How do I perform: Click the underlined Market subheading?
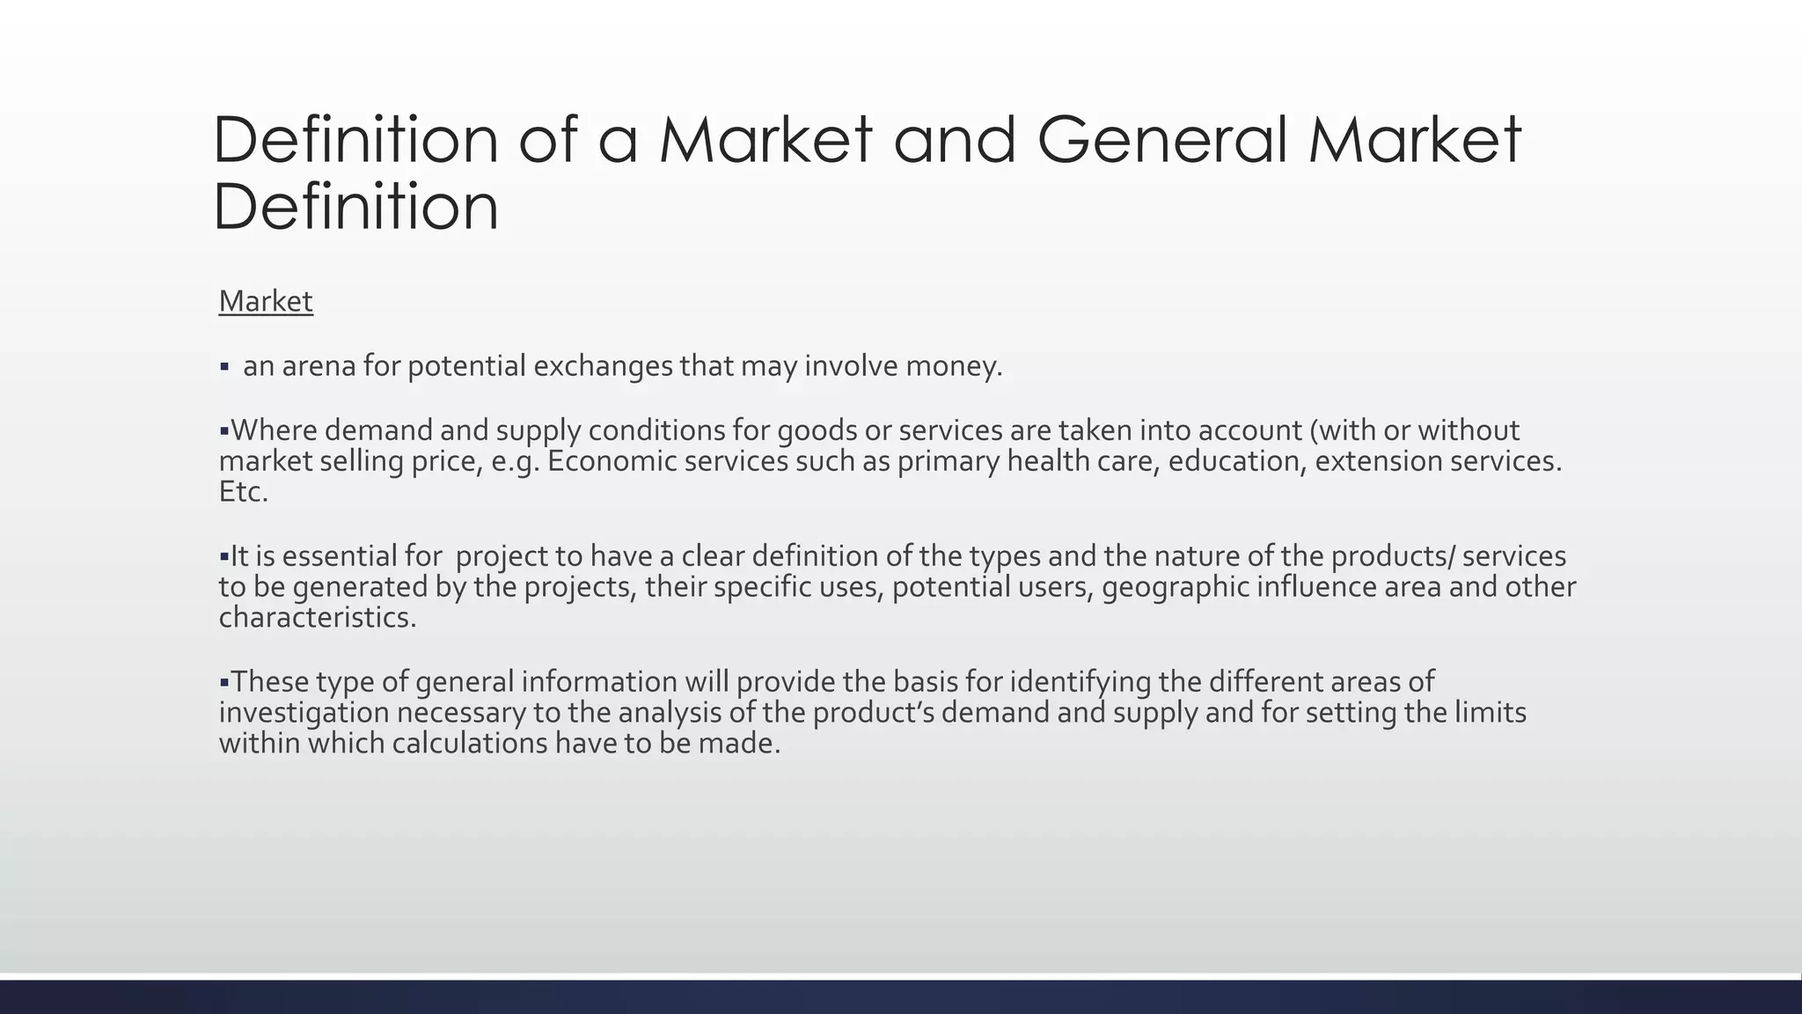pos(266,301)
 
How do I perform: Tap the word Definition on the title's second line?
pos(355,207)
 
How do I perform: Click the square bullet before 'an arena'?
pos(224,366)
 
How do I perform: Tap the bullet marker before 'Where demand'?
pos(223,431)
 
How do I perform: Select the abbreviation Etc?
pos(243,492)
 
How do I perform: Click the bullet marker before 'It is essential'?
pos(223,557)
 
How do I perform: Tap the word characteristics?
pos(317,618)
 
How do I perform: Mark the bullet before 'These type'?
pos(223,682)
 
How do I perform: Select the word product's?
pos(873,713)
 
